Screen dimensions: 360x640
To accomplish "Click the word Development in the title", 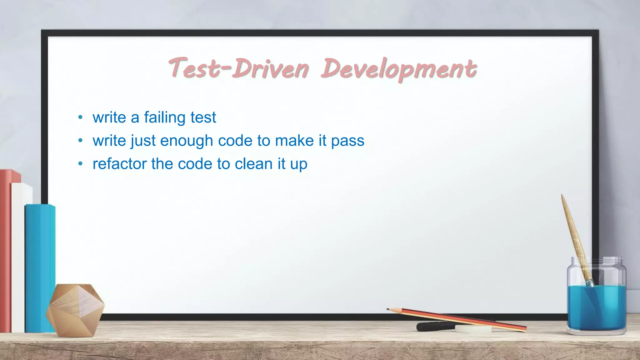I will pyautogui.click(x=399, y=69).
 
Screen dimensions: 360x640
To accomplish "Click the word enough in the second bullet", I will pyautogui.click(x=187, y=141).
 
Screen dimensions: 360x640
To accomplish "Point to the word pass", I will pyautogui.click(x=347, y=141).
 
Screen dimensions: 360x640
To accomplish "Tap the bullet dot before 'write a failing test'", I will pyautogui.click(x=81, y=117).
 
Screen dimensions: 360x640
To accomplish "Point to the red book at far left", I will pyautogui.click(x=5, y=250).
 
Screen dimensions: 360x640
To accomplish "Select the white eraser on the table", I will pyautogui.click(x=473, y=329).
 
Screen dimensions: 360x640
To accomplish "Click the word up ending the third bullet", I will pyautogui.click(x=299, y=164).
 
